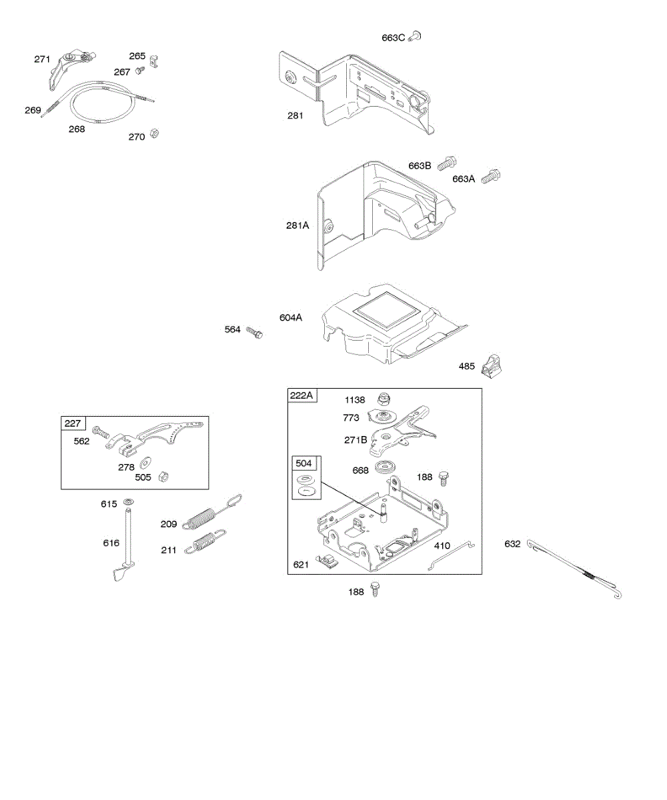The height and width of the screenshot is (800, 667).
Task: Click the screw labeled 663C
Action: click(415, 37)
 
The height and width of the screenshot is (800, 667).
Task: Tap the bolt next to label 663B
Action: click(448, 161)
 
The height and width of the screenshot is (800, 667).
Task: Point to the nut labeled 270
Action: click(153, 134)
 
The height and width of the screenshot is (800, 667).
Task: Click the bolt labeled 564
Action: click(254, 331)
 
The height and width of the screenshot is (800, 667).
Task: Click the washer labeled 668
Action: click(386, 467)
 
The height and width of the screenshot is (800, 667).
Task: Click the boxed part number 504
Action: click(303, 464)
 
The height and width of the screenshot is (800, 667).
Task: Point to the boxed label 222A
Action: click(302, 396)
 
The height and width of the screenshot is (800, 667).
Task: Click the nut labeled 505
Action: click(165, 477)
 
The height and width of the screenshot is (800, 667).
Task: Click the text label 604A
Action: click(291, 317)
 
